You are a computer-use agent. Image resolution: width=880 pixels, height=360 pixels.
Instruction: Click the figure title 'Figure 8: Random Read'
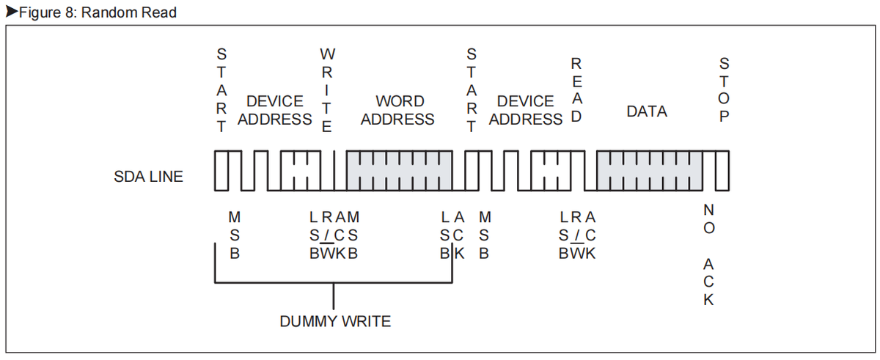pos(95,13)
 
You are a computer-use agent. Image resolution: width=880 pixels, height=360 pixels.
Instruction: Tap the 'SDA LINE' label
pos(149,176)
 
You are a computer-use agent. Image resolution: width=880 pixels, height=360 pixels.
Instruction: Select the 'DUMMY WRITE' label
pos(335,321)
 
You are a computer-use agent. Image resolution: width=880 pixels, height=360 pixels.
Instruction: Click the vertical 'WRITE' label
pos(328,90)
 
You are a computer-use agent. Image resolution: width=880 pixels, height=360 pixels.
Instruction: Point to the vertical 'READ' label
pos(576,90)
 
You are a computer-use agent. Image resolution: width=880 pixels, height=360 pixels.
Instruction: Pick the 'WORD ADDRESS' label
pos(398,110)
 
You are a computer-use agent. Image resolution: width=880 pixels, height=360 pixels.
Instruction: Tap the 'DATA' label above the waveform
pos(647,111)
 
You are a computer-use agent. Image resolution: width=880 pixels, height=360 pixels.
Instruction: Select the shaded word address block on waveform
pos(399,171)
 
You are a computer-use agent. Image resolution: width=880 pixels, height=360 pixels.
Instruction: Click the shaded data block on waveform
pos(648,171)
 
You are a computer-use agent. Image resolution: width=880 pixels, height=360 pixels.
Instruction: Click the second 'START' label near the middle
pos(472,90)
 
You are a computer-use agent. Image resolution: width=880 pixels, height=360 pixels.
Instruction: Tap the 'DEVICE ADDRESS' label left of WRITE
pos(274,110)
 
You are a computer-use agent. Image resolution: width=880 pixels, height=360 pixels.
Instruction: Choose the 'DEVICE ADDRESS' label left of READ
pos(525,110)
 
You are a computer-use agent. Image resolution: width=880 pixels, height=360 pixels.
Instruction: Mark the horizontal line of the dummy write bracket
pos(334,282)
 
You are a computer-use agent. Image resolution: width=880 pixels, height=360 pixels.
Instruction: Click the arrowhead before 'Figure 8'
pos(10,13)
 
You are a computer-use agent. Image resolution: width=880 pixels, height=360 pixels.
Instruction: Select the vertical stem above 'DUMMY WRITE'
pos(334,296)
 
